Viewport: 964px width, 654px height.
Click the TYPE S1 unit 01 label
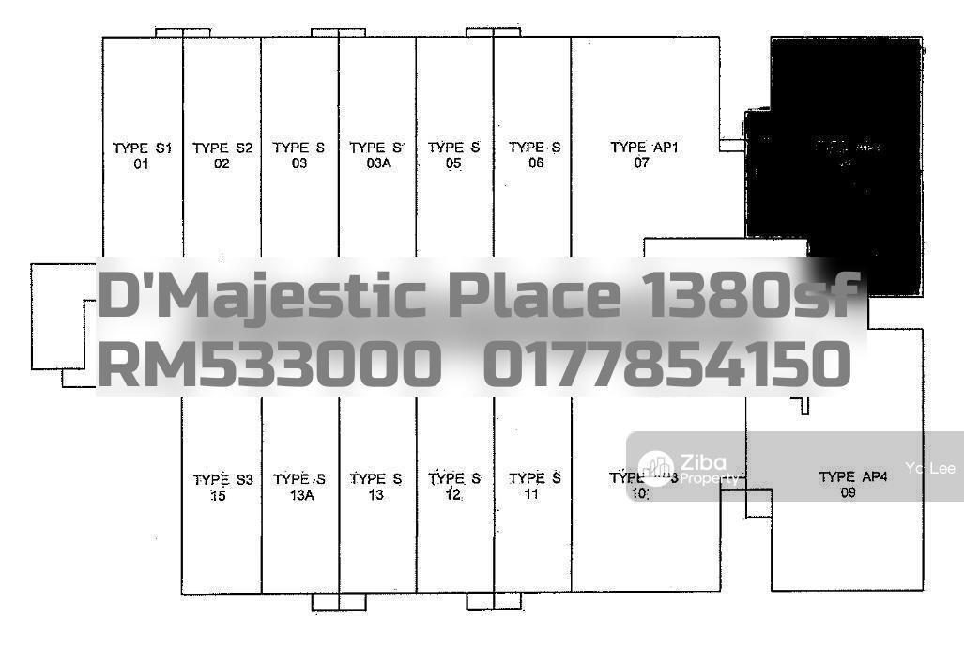point(143,155)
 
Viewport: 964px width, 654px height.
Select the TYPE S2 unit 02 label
point(222,155)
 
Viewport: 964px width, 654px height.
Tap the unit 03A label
point(376,155)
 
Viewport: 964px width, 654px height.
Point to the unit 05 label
point(453,155)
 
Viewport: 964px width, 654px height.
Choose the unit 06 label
point(535,155)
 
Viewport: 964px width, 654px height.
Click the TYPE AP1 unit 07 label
point(644,155)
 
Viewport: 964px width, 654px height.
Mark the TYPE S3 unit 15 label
point(222,487)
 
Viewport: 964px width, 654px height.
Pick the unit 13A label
point(299,487)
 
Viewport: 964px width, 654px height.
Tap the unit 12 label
point(454,487)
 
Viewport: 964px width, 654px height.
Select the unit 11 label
point(534,487)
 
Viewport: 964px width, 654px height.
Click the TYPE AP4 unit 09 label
point(851,484)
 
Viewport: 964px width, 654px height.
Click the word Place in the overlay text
point(533,296)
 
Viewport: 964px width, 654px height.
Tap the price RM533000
point(270,365)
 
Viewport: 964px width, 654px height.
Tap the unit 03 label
point(298,155)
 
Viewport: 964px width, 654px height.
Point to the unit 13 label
point(375,487)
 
